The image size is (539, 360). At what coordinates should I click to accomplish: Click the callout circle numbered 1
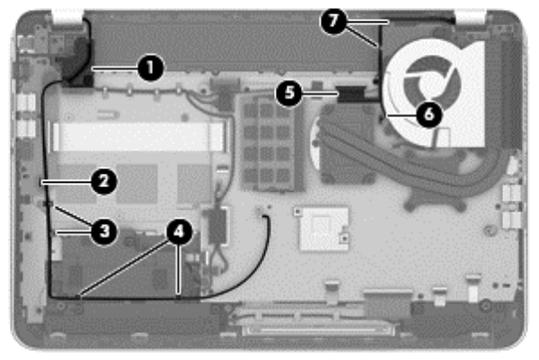tap(150, 65)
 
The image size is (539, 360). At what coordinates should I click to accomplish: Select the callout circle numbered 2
tap(103, 182)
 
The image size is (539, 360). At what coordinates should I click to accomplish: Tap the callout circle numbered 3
tap(104, 231)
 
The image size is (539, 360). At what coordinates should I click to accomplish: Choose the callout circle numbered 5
tap(287, 91)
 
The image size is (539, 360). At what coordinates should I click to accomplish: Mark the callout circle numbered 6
tap(428, 114)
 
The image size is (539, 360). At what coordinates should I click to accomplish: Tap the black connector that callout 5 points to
tap(349, 91)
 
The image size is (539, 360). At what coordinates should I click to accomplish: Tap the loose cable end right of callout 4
tap(265, 211)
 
